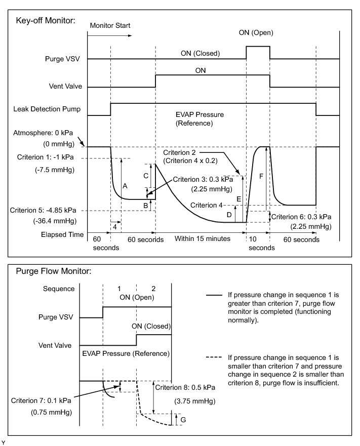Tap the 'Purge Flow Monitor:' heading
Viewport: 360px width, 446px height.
point(54,271)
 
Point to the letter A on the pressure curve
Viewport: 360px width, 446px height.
point(125,187)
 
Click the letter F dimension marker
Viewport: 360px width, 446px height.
point(261,176)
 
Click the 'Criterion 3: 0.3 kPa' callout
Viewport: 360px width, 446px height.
point(203,179)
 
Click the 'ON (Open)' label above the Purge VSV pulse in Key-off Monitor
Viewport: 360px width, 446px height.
point(256,33)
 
